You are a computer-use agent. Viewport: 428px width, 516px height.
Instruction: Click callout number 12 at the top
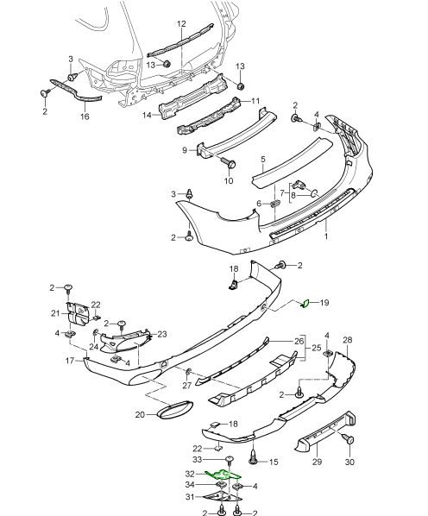(181, 23)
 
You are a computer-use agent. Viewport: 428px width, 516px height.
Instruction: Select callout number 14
(148, 115)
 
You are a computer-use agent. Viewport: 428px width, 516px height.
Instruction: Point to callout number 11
(255, 101)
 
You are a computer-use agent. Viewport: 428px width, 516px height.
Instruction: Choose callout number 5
(263, 160)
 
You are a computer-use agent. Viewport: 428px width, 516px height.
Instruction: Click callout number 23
(161, 334)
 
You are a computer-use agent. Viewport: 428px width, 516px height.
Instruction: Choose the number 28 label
(347, 341)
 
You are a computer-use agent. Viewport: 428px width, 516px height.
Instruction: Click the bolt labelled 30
(349, 440)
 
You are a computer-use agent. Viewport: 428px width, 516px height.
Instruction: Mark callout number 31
(190, 495)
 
